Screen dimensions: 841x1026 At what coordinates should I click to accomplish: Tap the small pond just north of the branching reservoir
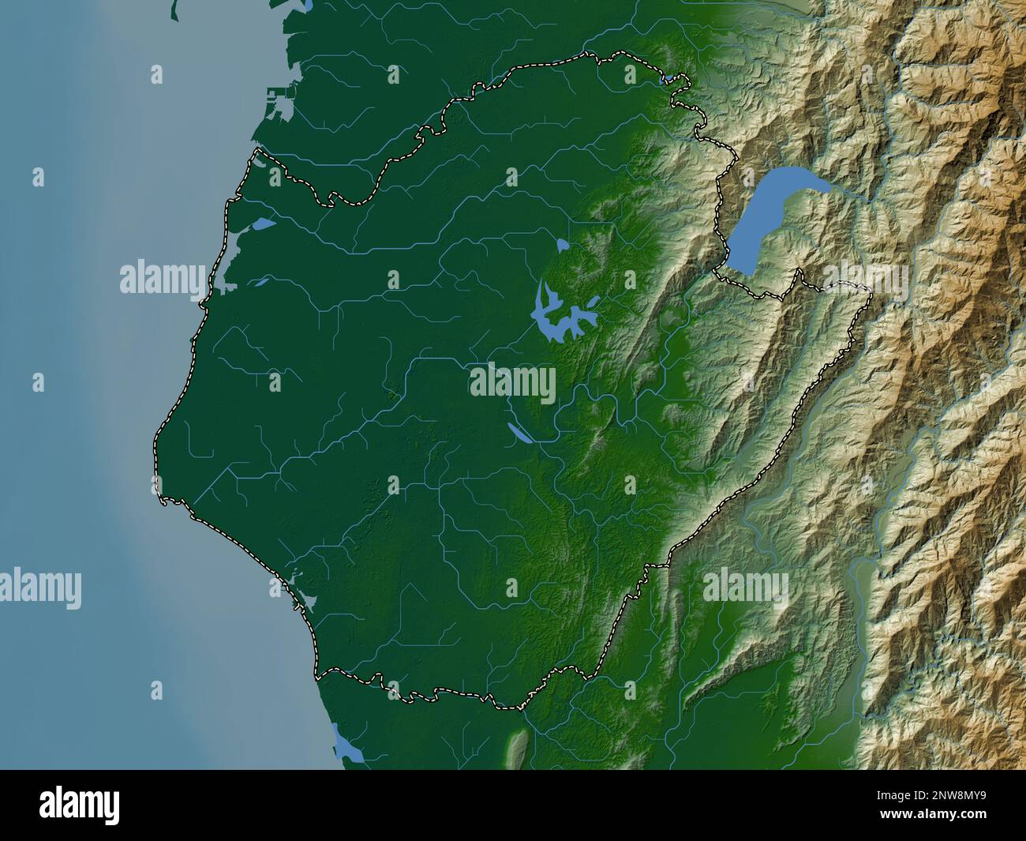[x=563, y=246]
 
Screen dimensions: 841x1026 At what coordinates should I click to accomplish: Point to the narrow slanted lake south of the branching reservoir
[x=519, y=434]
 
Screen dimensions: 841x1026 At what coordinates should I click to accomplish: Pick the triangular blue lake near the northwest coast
[x=263, y=225]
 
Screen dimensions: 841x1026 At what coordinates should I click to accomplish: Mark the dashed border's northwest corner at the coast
[x=254, y=152]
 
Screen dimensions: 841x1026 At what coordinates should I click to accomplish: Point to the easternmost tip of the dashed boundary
[x=871, y=298]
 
